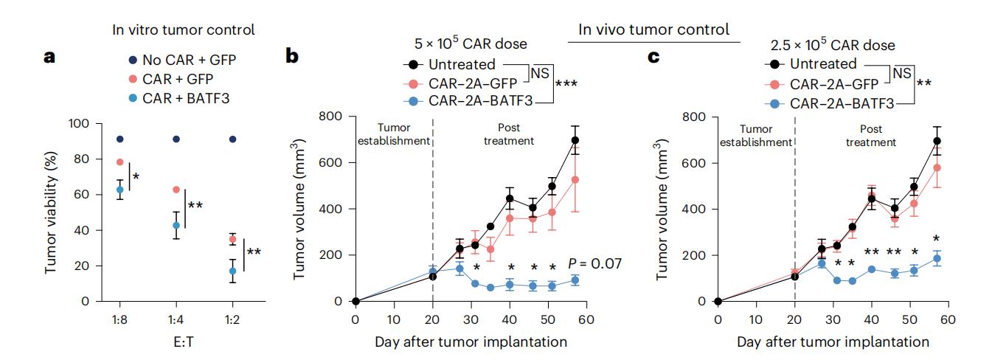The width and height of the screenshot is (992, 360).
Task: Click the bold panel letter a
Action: coord(50,57)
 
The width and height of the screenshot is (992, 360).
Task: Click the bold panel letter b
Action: coord(293,57)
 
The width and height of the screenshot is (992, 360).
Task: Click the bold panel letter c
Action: coord(653,57)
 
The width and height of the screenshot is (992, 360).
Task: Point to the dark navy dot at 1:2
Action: coord(233,139)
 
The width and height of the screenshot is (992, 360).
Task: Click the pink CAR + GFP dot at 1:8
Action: coord(119,162)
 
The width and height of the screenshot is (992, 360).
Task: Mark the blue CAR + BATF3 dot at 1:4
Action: coord(176,225)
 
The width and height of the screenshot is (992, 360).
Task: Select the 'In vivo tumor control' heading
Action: coord(653,30)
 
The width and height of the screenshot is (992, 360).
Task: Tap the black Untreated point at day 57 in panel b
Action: coord(575,140)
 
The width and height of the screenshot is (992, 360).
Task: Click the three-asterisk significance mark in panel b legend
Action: coord(567,83)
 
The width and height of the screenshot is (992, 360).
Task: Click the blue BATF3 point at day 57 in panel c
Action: coord(937,259)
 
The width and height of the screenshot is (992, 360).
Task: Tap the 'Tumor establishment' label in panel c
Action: coord(756,135)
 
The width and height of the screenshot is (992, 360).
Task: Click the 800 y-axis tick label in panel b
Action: coord(330,116)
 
